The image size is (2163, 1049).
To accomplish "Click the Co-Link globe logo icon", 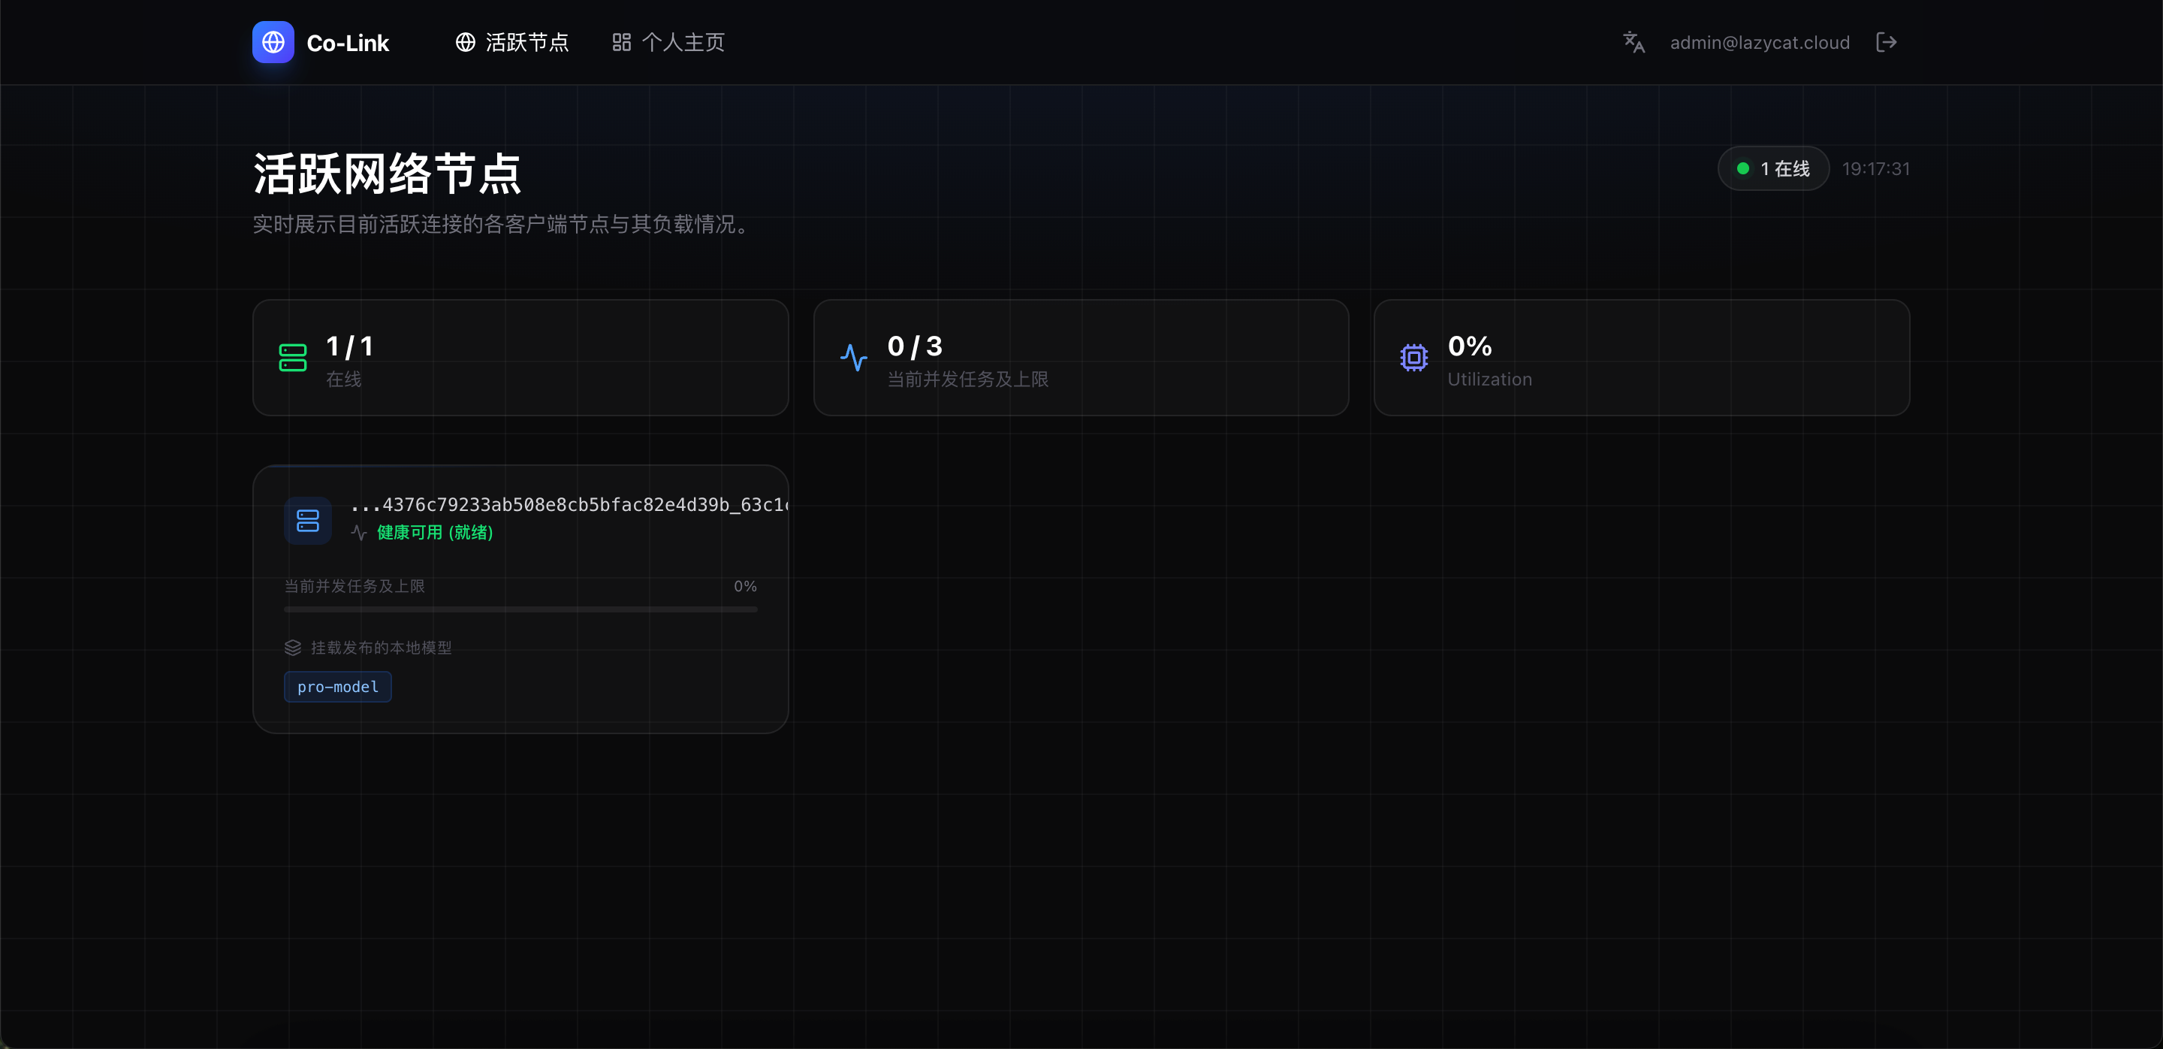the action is click(x=273, y=42).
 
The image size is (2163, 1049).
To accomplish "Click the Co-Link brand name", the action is click(x=348, y=43).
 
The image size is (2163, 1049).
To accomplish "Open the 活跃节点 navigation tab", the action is click(x=512, y=42).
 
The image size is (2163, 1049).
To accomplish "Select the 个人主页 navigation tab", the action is click(x=668, y=42).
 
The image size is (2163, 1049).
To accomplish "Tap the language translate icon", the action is click(x=1634, y=42).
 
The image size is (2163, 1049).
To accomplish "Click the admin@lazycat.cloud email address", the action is click(x=1759, y=43).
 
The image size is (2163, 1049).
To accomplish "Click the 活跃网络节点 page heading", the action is click(x=387, y=174).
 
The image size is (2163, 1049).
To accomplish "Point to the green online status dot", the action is click(x=1743, y=169).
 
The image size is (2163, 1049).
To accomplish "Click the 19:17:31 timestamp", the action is click(x=1876, y=169).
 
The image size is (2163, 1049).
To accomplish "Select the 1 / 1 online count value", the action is click(x=349, y=346).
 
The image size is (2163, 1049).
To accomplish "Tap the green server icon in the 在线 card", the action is click(x=292, y=358).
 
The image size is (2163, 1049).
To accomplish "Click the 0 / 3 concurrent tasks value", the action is click(x=915, y=346).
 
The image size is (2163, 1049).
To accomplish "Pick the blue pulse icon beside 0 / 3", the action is click(x=853, y=358).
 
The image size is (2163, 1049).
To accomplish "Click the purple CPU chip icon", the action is click(x=1414, y=358).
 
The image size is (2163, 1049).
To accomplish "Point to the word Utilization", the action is click(x=1489, y=379).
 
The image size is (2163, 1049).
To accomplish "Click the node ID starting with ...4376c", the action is click(x=569, y=505).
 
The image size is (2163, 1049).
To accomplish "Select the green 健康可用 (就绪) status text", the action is click(x=435, y=533).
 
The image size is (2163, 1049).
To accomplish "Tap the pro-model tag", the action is click(x=337, y=687).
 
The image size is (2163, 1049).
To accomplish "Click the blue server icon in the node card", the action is click(x=308, y=521).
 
